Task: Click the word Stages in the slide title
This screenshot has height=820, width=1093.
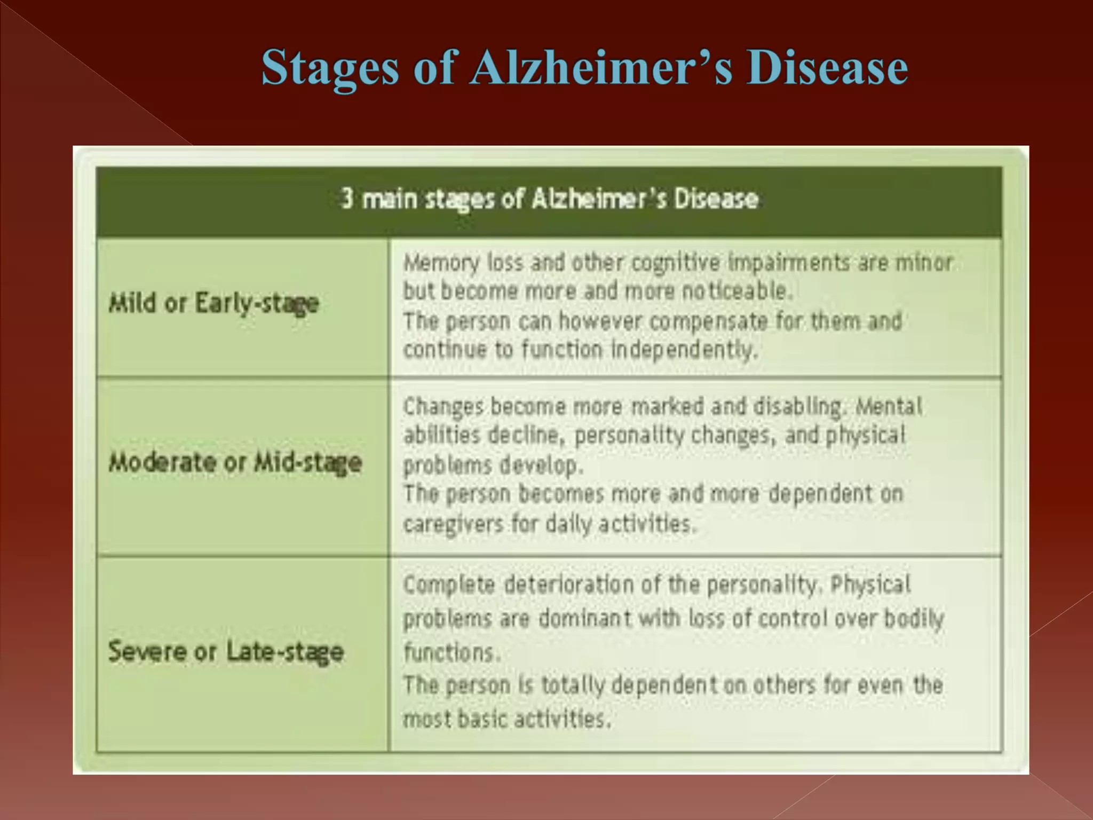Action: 330,68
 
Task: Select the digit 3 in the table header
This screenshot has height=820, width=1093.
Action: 347,198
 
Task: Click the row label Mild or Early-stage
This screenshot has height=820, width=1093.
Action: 213,304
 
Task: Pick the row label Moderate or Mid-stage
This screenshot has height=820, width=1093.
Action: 235,462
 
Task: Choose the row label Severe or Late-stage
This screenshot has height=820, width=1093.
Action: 226,652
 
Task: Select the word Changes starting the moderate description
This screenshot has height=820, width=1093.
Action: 443,407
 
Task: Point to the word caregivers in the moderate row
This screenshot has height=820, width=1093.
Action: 453,524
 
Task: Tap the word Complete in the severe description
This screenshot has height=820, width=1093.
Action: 449,585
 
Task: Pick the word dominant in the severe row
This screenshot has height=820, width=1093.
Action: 584,619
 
